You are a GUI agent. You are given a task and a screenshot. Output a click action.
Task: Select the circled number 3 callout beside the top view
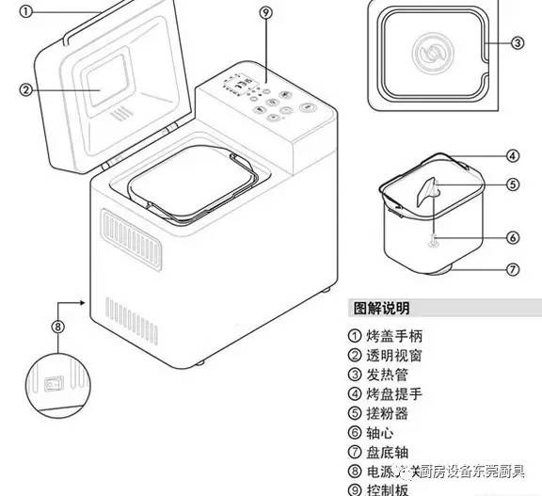pyautogui.click(x=517, y=42)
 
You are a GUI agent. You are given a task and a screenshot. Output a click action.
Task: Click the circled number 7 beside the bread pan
pyautogui.click(x=513, y=269)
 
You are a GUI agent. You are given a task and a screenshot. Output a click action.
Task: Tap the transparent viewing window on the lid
pyautogui.click(x=103, y=80)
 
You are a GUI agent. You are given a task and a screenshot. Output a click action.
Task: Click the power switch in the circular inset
pyautogui.click(x=55, y=385)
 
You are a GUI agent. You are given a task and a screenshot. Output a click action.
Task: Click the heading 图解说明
pyautogui.click(x=381, y=308)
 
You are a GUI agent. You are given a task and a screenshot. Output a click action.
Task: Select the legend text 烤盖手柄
pyautogui.click(x=395, y=335)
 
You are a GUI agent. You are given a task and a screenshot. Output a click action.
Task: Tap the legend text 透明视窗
pyautogui.click(x=395, y=355)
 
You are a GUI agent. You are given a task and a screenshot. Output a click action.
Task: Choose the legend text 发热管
pyautogui.click(x=388, y=375)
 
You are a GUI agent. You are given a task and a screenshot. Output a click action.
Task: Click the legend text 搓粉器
pyautogui.click(x=388, y=413)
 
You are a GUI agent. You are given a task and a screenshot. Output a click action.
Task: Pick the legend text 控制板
pyautogui.click(x=388, y=489)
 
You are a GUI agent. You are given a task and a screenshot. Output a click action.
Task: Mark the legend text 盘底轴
pyautogui.click(x=388, y=452)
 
